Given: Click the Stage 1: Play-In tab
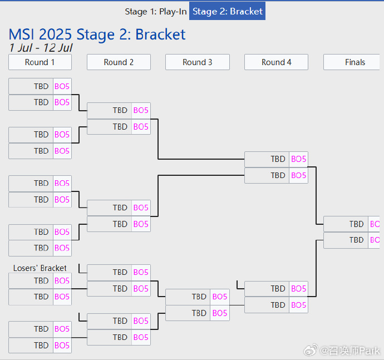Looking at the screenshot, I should click(156, 11).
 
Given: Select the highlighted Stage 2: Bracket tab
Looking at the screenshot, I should click(227, 11).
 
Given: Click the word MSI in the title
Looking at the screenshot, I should click(23, 34).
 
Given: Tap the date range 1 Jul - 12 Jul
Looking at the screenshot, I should click(41, 48).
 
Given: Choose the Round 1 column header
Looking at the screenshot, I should click(40, 62).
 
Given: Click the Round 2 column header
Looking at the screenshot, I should click(119, 62).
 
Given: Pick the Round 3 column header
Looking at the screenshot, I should click(198, 62).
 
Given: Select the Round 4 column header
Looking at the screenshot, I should click(276, 62).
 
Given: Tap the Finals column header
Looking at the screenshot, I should click(355, 62).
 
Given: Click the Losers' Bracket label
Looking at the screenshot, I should click(40, 268).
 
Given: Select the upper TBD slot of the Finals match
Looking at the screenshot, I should click(356, 224).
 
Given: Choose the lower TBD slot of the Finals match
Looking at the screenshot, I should click(356, 240).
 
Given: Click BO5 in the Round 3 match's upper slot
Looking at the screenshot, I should click(220, 297).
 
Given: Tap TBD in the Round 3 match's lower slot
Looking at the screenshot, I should click(199, 313).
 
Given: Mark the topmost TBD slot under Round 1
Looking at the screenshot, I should click(41, 86).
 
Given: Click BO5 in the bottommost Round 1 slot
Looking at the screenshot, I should click(62, 346).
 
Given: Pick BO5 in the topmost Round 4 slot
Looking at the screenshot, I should click(299, 159).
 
